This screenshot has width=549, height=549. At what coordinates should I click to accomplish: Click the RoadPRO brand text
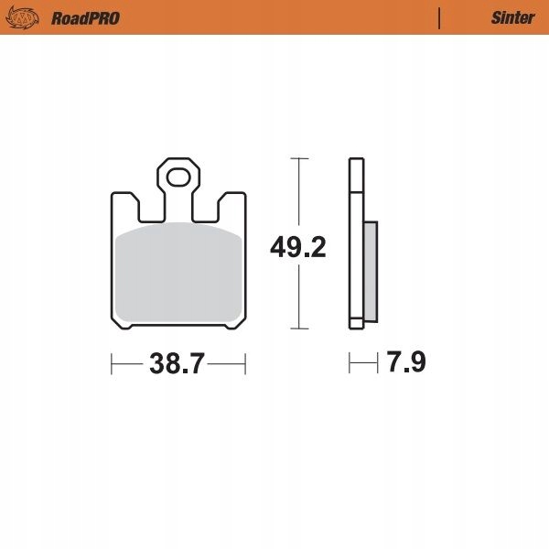[x=85, y=18]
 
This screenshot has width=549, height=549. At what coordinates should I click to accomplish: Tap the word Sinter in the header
[x=513, y=18]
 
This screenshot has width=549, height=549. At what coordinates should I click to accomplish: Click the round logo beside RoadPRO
[x=22, y=17]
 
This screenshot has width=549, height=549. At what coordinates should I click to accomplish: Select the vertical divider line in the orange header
[x=439, y=18]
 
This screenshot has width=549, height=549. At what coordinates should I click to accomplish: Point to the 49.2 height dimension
[x=298, y=248]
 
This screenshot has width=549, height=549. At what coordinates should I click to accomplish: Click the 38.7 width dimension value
[x=177, y=364]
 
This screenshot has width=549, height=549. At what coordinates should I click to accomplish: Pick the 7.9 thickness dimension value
[x=406, y=361]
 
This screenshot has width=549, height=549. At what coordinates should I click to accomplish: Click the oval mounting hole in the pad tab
[x=178, y=178]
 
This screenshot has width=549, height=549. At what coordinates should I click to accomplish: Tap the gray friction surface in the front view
[x=178, y=272]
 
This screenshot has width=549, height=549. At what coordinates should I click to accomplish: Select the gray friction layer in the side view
[x=371, y=272]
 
